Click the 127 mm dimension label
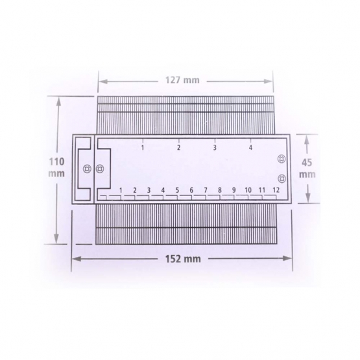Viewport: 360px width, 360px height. pyautogui.click(x=182, y=80)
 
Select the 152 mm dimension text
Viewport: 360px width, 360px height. pyautogui.click(x=183, y=259)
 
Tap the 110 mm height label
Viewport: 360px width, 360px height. pyautogui.click(x=56, y=167)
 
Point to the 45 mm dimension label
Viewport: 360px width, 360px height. pyautogui.click(x=307, y=168)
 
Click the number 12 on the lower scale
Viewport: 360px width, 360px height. pyautogui.click(x=276, y=190)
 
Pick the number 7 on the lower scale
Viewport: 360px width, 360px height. pyautogui.click(x=206, y=190)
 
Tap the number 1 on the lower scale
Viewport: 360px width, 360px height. pyautogui.click(x=121, y=190)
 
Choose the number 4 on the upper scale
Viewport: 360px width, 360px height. pyautogui.click(x=250, y=147)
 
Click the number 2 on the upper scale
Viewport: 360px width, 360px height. pyautogui.click(x=178, y=147)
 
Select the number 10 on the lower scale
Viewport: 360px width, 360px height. pyautogui.click(x=248, y=190)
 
